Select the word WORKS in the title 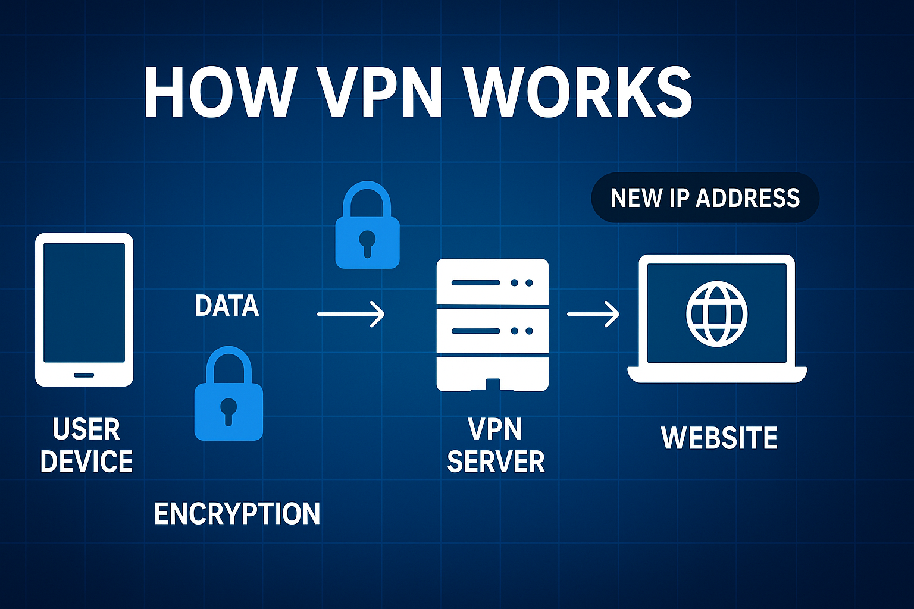coord(578,93)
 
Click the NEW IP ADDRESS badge coord(705,198)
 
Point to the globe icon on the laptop coord(716,313)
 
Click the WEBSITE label coord(719,438)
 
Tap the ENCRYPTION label coord(237,514)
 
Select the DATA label coord(227,306)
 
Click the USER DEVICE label coord(86,445)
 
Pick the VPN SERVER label coord(495,445)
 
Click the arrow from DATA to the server coord(350,313)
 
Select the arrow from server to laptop coord(593,313)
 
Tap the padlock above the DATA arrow coord(367,226)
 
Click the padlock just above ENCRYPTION coord(228,394)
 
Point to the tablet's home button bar coord(84,375)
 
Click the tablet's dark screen coord(84,302)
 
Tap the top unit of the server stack coord(492,282)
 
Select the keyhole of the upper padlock coord(367,241)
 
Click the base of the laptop coord(717,374)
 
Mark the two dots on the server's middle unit coord(521,331)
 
